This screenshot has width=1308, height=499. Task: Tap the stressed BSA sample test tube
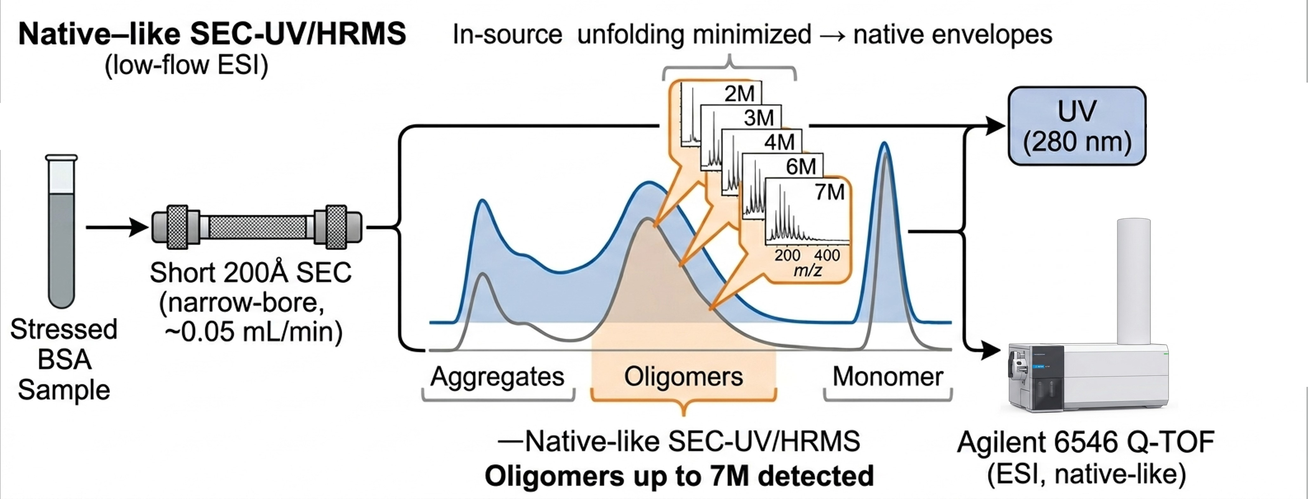click(62, 231)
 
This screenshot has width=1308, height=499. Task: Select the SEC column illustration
click(257, 227)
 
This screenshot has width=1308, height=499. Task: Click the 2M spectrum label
click(739, 93)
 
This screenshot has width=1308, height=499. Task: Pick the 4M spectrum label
click(779, 142)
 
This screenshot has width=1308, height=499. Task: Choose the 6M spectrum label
click(801, 166)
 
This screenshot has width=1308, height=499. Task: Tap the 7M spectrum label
click(830, 192)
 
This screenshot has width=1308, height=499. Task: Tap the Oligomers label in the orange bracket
click(683, 376)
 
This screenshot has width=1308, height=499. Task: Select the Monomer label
click(888, 376)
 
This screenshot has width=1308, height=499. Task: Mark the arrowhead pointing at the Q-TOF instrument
click(990, 350)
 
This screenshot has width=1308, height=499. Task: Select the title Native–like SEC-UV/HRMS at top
click(212, 35)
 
